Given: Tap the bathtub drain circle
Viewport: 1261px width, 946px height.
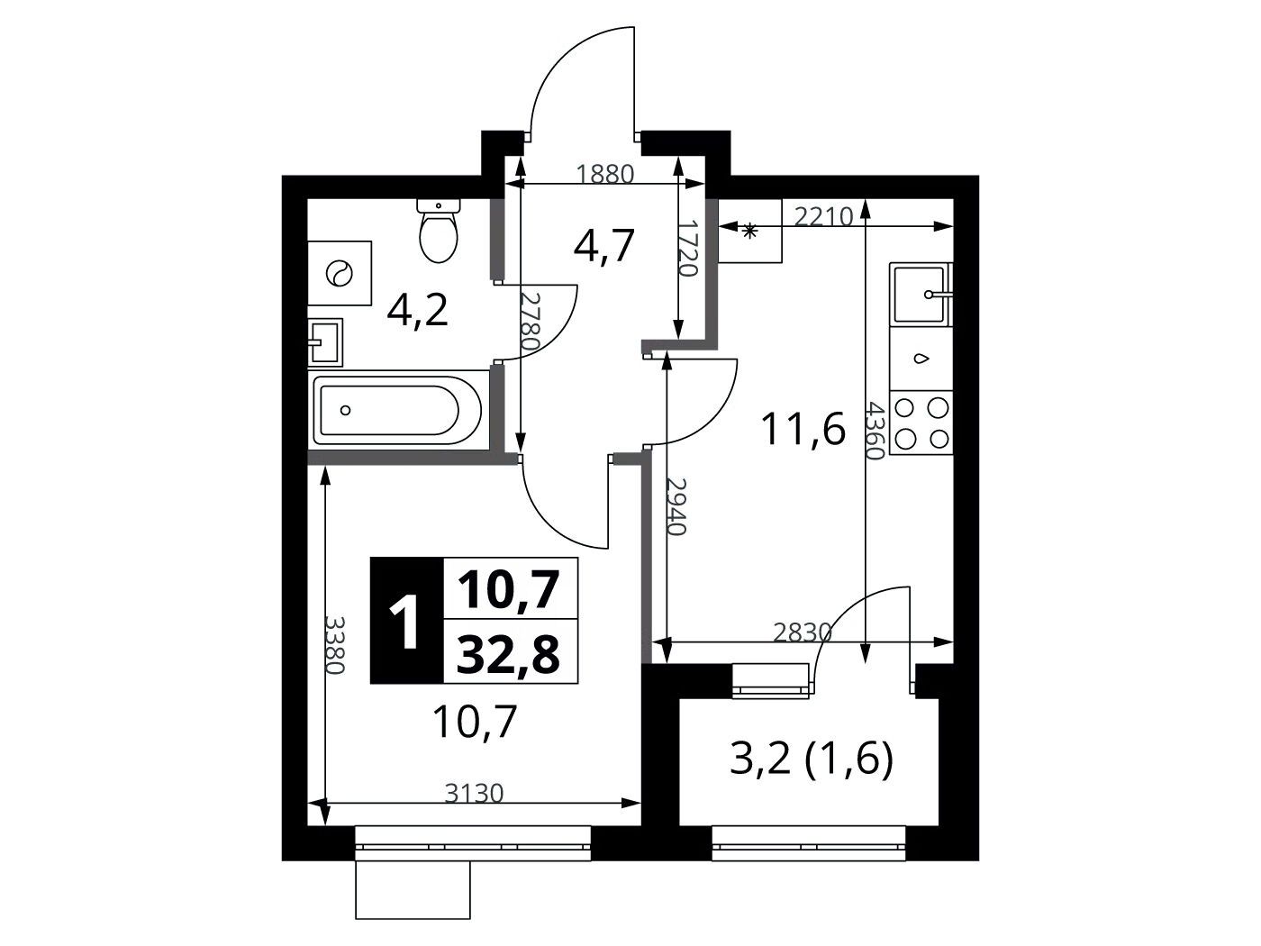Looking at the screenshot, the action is [x=345, y=410].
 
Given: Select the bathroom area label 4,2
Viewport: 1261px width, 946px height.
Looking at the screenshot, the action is [x=417, y=312].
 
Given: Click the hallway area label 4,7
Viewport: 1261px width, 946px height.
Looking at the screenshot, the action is [x=603, y=245].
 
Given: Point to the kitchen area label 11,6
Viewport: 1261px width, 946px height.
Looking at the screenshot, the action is [x=803, y=429].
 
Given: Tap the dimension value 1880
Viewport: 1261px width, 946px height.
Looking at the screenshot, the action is [x=604, y=174].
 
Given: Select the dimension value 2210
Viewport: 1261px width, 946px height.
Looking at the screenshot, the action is [x=823, y=216].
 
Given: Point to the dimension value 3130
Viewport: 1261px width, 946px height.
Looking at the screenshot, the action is [x=475, y=794].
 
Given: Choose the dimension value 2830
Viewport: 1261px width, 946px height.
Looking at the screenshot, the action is [x=803, y=633].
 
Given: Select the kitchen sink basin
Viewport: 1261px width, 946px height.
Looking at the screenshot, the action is [x=920, y=294].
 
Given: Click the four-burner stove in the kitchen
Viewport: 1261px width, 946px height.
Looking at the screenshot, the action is [x=921, y=423].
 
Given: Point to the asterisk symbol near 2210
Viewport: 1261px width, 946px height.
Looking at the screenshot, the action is [x=749, y=232].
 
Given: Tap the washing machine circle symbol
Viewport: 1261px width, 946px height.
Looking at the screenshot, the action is [x=339, y=273].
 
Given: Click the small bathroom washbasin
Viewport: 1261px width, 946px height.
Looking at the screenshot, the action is [x=325, y=342].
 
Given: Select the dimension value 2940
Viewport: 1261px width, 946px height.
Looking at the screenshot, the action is [x=676, y=506].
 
